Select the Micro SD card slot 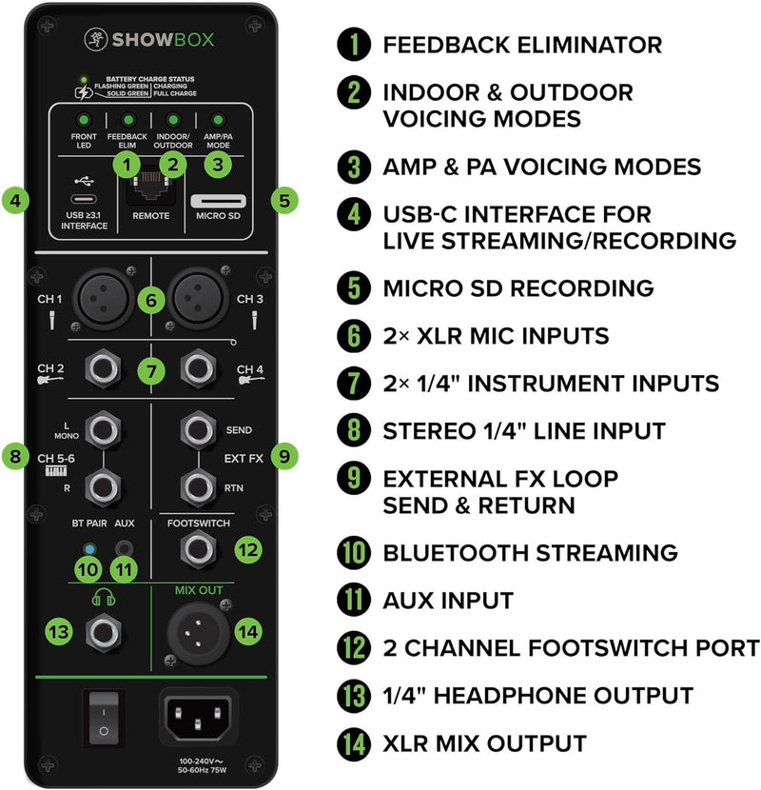(x=218, y=202)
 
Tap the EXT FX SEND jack (x=201, y=429)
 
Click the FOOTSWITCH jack (x=201, y=548)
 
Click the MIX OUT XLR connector (x=201, y=631)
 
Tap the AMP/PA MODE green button (x=218, y=121)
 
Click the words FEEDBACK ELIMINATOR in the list (x=521, y=44)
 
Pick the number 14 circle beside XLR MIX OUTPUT (x=354, y=742)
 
